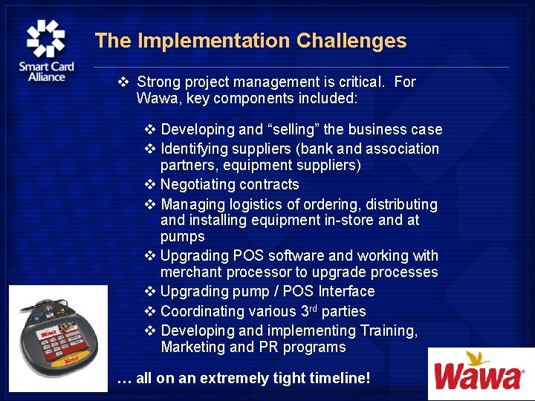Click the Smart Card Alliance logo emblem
click(46, 39)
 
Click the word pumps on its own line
click(182, 237)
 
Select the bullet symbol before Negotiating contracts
click(149, 185)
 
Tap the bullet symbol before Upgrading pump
click(149, 292)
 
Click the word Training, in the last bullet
click(383, 331)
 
